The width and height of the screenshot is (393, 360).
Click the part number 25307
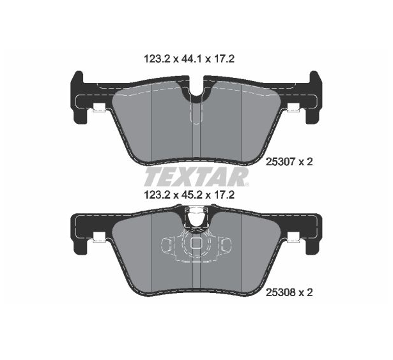coord(281,162)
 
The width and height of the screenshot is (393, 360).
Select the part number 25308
coord(281,292)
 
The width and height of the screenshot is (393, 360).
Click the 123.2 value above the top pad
coord(157,59)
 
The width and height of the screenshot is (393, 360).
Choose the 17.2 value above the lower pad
coord(224,195)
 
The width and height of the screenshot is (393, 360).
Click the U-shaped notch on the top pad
coord(196,87)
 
